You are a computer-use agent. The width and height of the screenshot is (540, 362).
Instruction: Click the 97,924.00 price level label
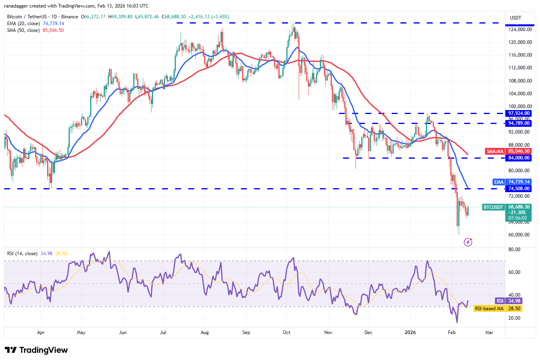pos(518,113)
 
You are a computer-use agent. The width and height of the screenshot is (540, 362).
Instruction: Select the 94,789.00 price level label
pos(518,123)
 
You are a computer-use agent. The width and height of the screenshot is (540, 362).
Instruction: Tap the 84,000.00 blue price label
pos(518,158)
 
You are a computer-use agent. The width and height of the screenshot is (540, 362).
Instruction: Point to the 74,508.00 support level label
pos(518,189)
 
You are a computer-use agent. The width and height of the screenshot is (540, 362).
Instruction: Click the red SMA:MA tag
pos(495,151)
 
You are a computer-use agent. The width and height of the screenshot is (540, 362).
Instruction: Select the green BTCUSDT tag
pos(493,207)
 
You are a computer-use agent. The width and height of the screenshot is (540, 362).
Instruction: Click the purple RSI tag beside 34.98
pos(500,301)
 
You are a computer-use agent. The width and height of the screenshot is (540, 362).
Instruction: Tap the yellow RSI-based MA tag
pos(489,309)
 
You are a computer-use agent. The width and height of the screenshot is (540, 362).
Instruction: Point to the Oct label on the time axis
pos(286,332)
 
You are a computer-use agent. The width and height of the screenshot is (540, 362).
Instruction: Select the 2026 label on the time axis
pos(410,332)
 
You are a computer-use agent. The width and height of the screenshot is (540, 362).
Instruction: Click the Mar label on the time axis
pos(489,332)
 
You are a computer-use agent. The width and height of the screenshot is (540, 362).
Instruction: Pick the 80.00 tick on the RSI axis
pos(514,250)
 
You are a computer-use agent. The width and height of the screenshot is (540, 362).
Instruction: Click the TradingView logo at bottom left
pos(36,350)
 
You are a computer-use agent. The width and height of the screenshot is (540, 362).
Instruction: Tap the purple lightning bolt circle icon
pos(468,242)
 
